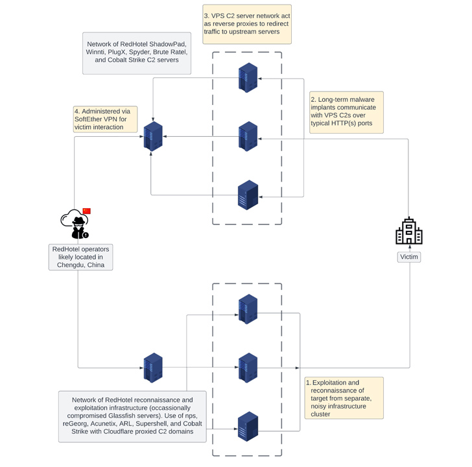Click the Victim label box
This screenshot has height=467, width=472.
408,257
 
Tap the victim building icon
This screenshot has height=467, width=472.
408,231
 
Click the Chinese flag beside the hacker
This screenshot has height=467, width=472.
87,211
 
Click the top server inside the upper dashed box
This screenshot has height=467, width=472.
248,77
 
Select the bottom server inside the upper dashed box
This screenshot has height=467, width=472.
248,195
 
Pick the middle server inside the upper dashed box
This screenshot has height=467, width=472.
248,136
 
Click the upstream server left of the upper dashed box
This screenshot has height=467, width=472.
153,136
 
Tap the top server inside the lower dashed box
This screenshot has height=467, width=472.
248,309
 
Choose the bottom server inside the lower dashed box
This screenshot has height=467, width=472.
248,427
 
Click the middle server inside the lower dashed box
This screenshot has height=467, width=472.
248,368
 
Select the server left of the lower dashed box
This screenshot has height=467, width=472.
153,368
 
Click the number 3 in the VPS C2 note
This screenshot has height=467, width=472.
206,16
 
